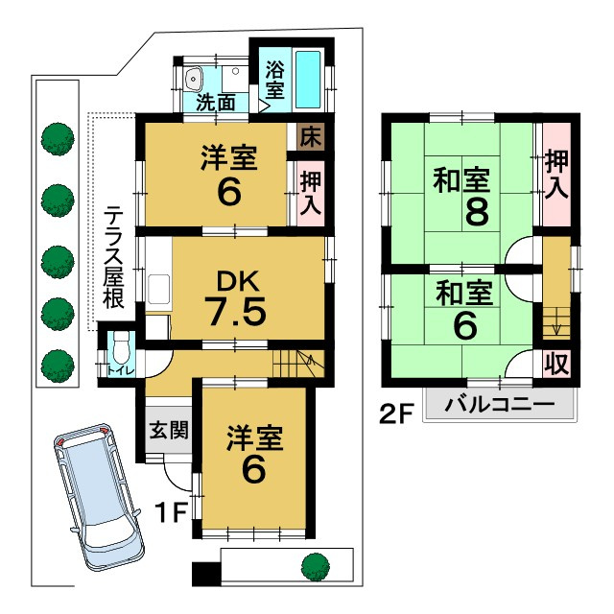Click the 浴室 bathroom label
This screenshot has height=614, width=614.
[274, 82]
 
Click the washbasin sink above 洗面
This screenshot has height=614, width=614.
[194, 75]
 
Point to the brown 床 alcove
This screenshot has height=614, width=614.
[309, 136]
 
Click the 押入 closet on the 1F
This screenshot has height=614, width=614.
[310, 191]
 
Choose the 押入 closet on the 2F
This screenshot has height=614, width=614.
[557, 175]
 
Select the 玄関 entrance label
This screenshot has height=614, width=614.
[169, 429]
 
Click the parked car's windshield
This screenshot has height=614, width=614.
[83, 470]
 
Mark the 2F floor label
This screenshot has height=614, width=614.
[394, 416]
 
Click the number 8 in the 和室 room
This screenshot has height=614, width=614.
[475, 211]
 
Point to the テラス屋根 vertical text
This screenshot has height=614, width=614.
[114, 254]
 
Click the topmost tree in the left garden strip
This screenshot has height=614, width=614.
[58, 138]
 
